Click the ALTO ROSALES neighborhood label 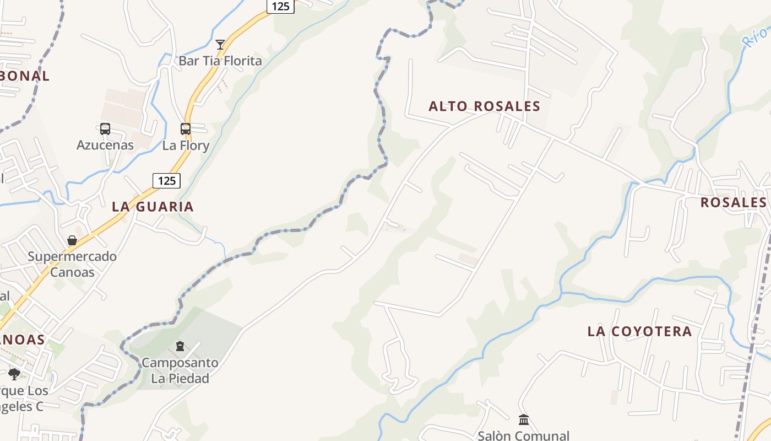coord(485,106)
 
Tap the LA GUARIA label coord(153,207)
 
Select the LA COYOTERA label coord(639,331)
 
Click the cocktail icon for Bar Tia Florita coord(220,45)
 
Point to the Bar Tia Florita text coord(220,61)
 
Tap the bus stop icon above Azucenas coord(105,129)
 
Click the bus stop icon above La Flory coord(186,129)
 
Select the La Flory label coord(186,146)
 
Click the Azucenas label coord(105,146)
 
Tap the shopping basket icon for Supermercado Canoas coord(72,240)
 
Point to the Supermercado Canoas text coord(72,264)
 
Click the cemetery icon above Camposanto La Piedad coord(180,346)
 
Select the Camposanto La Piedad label coord(180,370)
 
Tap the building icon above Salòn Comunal coord(524,420)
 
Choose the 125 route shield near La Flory coord(166,180)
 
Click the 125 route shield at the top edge coord(280,6)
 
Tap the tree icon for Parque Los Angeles coord(14,374)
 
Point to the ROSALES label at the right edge coord(733,202)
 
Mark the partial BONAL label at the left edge coord(25,76)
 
